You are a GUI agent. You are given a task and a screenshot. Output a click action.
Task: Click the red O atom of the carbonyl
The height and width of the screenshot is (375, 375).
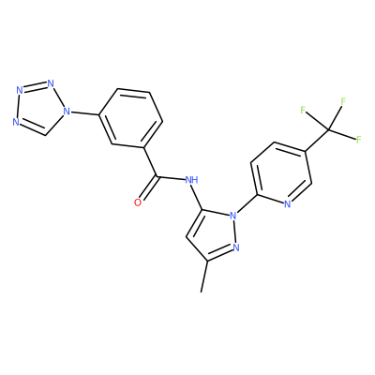[138, 202]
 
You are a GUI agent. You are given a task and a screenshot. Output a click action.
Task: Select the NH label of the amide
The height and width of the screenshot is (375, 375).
[191, 180]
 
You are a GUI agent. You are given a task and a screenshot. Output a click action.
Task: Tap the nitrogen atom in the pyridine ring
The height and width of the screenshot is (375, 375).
[288, 204]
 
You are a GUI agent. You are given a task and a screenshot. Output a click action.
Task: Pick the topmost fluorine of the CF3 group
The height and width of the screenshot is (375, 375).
[343, 101]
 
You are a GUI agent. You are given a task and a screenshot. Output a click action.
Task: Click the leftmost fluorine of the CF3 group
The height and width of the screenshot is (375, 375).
[303, 110]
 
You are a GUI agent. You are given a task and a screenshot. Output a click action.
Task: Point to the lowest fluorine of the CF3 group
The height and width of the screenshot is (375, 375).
[358, 140]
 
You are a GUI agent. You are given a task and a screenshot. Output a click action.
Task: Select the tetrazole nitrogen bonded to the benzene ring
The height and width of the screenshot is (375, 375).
[66, 111]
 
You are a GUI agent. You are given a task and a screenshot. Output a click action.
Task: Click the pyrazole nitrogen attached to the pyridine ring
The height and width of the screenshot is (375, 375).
[232, 216]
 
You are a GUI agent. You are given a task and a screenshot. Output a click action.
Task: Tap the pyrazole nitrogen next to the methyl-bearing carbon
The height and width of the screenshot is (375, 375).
[236, 247]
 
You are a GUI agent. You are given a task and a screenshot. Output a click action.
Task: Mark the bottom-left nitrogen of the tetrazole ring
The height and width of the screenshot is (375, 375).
[16, 122]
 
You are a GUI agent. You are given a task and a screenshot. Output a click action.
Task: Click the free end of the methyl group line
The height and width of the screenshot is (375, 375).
[202, 292]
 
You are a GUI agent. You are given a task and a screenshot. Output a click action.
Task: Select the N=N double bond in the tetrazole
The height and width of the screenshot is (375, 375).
[34, 87]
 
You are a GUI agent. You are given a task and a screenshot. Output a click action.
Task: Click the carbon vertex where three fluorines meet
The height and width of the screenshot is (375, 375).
[328, 128]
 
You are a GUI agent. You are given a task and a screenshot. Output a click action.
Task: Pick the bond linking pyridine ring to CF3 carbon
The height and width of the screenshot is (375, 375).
[317, 141]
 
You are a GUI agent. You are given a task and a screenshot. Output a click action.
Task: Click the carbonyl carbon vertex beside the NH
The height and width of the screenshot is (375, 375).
[157, 176]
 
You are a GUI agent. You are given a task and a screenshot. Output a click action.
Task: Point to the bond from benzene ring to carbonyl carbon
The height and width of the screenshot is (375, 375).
[150, 162]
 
